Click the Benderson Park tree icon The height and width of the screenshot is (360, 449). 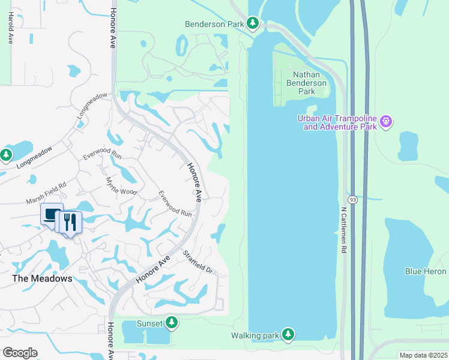coord(253,23)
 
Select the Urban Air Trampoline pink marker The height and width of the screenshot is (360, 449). coord(386,122)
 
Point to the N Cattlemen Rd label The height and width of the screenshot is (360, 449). coord(344,230)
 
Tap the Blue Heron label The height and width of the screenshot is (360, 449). coord(426,271)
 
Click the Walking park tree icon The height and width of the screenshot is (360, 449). coord(289,334)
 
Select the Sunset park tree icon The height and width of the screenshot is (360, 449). coord(172,323)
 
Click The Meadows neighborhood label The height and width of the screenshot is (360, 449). coord(43,278)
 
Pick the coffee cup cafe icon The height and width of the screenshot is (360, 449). coord(51,214)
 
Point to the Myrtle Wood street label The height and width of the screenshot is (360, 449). coord(122,186)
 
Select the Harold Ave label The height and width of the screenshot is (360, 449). coord(11,29)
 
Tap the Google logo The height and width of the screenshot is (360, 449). coord(20,353)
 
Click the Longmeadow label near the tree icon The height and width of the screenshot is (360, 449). coord(34,156)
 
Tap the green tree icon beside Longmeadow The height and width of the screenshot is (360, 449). coord(6,156)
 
